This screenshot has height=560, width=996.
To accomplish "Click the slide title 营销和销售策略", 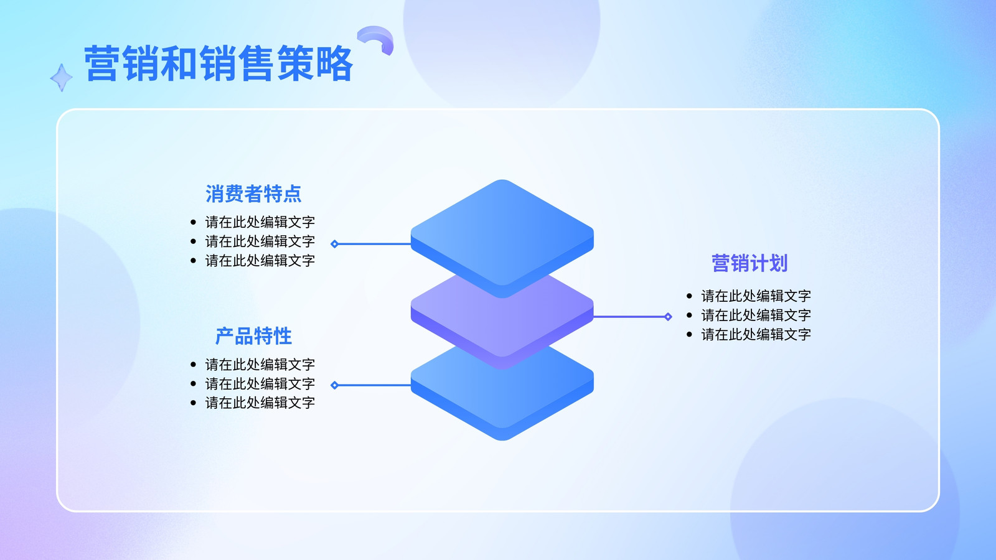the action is coord(218,63).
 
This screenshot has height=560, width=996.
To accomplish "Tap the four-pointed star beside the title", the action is coord(62,78).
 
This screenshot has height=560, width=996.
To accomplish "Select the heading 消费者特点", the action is coord(253,194).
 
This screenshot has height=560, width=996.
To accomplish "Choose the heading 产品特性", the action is coord(253,336).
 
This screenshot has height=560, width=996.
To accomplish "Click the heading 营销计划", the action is coord(749,263).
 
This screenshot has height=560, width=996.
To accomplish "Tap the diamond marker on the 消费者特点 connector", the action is coord(334,243).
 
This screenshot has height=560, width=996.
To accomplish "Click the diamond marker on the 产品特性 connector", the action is coord(334,385).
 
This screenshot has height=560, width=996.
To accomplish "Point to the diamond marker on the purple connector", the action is coord(668,317).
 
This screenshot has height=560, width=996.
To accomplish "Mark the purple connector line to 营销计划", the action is coord(631,317).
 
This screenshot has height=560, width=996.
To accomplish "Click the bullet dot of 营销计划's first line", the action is coord(689,296).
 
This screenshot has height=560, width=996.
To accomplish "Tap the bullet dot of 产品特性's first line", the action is coord(193,365).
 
